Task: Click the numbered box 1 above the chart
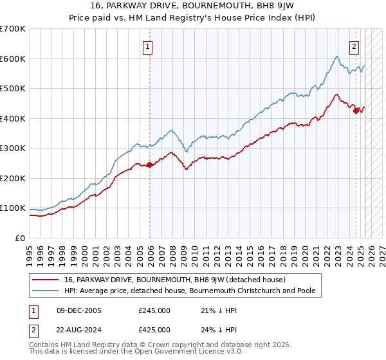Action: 148,46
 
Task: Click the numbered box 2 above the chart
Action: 354,46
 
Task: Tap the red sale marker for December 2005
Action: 150,165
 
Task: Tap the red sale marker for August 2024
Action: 356,111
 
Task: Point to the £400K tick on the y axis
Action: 13,118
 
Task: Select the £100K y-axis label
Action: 13,208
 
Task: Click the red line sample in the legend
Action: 45,280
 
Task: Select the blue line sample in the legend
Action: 45,291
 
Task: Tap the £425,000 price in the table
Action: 154,329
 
